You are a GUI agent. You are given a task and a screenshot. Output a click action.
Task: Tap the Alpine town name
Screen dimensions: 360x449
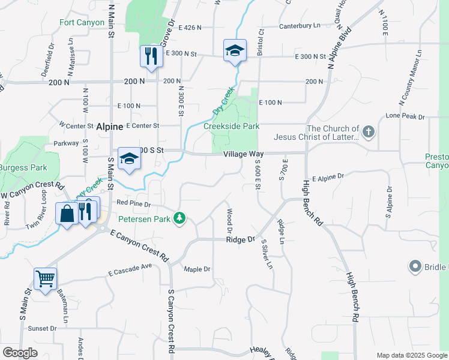tap(109, 127)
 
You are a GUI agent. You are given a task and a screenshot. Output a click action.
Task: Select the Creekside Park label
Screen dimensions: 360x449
tap(231, 126)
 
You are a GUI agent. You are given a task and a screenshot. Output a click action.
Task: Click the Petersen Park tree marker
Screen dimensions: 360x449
tap(179, 217)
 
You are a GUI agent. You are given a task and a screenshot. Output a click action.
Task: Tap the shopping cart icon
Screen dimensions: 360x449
tap(46, 279)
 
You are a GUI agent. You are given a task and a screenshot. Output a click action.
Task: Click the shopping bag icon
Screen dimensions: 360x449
tap(67, 213)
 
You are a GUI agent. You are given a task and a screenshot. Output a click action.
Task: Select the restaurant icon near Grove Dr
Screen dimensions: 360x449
tap(149, 56)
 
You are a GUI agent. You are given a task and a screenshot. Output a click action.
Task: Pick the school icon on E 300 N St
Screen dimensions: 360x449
tap(234, 50)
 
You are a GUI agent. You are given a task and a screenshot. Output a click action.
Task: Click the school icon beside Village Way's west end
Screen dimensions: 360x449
tap(128, 159)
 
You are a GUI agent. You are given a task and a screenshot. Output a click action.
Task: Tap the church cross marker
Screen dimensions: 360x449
tap(369, 131)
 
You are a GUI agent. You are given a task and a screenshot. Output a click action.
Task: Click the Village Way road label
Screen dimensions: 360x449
tap(243, 154)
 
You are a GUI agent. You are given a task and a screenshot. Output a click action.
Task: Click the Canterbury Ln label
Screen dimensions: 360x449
tap(300, 26)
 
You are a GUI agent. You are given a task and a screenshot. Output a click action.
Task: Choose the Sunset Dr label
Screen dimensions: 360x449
tap(41, 328)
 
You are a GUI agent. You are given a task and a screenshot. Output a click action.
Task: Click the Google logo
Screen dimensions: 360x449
tap(20, 353)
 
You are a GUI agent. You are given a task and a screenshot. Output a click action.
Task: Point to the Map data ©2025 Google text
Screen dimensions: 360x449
tap(411, 355)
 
